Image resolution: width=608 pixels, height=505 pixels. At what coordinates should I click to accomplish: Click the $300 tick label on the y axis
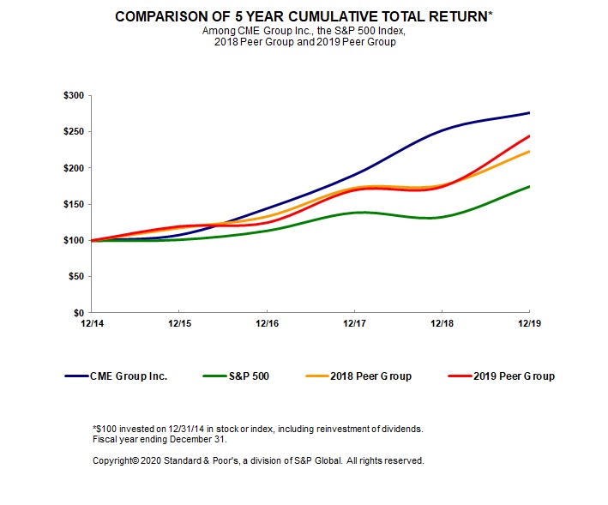coord(73,95)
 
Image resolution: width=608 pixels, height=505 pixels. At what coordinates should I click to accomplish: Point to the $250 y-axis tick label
coord(73,131)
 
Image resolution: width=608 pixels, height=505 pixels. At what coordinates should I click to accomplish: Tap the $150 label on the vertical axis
coord(73,204)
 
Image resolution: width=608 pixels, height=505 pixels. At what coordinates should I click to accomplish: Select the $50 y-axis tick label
coord(75,276)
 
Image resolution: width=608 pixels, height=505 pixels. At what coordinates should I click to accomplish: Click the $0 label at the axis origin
coord(78,313)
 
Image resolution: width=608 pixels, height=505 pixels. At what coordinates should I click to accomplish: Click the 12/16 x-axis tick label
coord(267,325)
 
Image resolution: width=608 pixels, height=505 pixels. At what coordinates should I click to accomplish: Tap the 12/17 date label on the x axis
coord(354,325)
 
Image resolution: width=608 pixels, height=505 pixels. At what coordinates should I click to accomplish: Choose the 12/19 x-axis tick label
coord(528,325)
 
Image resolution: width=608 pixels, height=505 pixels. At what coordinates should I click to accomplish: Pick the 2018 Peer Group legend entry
coord(370,376)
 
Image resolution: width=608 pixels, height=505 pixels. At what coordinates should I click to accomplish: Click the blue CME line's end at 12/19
coord(529,113)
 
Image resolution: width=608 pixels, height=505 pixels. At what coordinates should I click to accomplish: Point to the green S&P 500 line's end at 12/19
coord(529,186)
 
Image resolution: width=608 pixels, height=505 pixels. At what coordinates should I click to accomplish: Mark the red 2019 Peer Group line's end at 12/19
coord(529,135)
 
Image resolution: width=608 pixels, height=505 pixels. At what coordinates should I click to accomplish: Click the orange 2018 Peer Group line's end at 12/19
coord(529,151)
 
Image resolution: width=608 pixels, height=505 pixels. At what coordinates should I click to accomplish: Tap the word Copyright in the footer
coord(116,460)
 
